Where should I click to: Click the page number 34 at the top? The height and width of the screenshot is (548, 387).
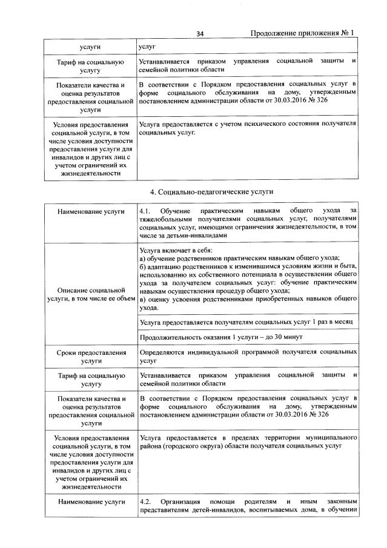[200, 34]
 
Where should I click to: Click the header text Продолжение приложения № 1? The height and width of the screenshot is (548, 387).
[302, 33]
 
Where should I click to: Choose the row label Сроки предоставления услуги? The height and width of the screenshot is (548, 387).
[90, 355]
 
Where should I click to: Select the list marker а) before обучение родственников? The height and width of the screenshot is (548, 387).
[142, 257]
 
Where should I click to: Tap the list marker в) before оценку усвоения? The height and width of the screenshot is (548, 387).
[142, 300]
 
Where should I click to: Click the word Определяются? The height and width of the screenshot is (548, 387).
[165, 352]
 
